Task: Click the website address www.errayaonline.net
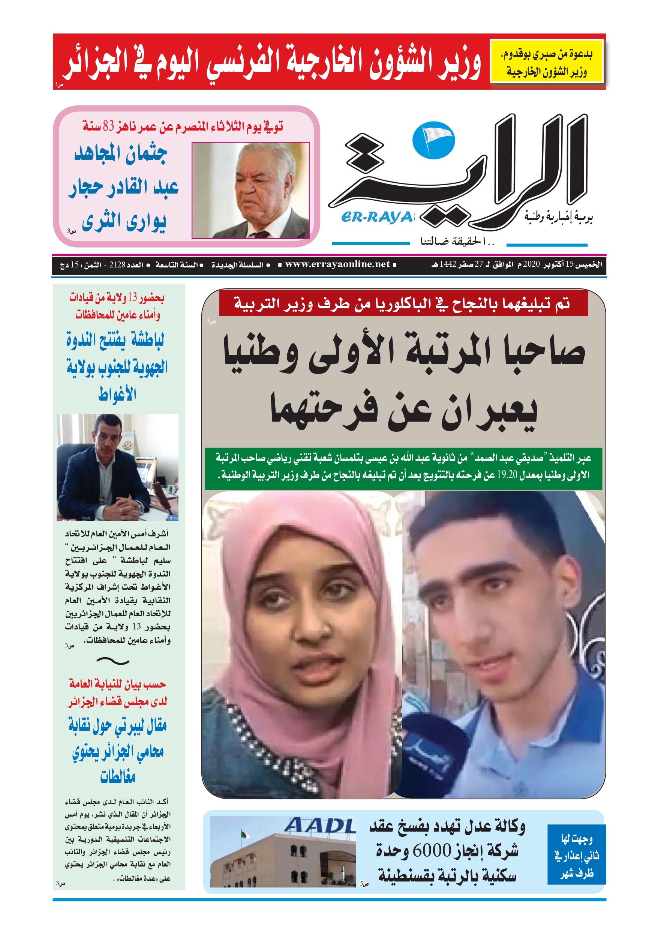pyautogui.click(x=337, y=264)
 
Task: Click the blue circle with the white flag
pyautogui.click(x=433, y=141)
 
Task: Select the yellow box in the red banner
pyautogui.click(x=547, y=61)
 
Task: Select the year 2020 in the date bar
pyautogui.click(x=531, y=264)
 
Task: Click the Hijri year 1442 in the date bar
pyautogui.click(x=448, y=264)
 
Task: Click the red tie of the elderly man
pyautogui.click(x=259, y=234)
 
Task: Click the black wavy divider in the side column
pyautogui.click(x=113, y=661)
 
